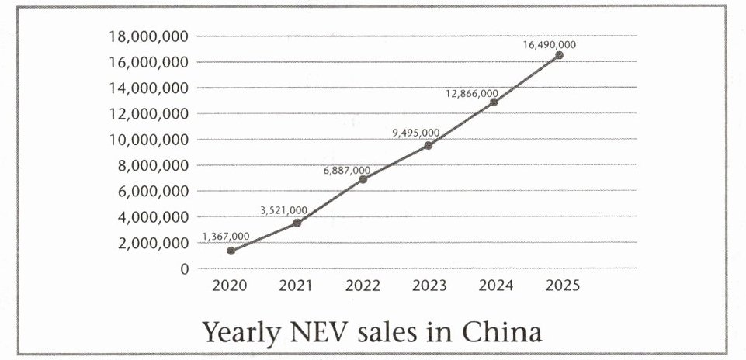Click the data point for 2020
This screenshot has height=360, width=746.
231,251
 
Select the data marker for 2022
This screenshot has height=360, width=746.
363,179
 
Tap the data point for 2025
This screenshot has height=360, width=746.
559,55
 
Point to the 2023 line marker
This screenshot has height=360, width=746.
428,145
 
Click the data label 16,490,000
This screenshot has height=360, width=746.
549,45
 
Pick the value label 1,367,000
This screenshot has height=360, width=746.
226,237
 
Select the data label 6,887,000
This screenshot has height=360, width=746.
346,170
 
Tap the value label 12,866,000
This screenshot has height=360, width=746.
472,94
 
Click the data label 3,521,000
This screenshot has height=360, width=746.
283,210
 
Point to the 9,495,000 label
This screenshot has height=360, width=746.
415,133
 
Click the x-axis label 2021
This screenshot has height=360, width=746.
297,286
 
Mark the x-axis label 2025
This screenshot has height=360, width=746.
561,286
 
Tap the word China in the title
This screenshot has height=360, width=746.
501,331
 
